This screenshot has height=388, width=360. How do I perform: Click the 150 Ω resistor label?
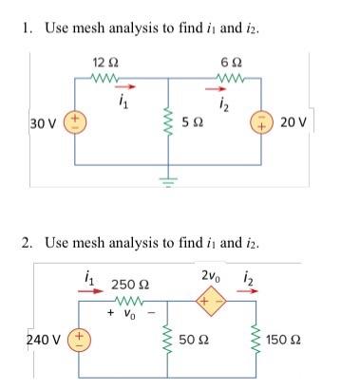[285, 339]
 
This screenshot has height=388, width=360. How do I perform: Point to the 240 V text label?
[46, 339]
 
